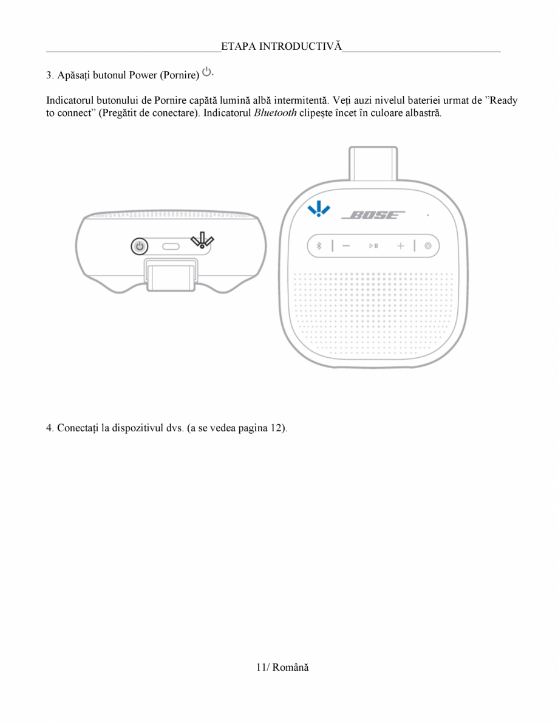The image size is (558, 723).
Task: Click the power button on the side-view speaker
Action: pos(140,246)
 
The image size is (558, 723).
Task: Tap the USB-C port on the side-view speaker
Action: pos(171,247)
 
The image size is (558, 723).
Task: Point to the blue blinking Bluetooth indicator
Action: pos(319,209)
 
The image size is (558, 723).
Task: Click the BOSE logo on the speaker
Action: pos(373,215)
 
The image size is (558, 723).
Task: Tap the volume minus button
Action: pos(345,246)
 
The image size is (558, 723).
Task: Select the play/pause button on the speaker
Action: pos(373,246)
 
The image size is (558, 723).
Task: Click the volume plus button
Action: pos(401,246)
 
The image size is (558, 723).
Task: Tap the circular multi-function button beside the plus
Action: pos(428,246)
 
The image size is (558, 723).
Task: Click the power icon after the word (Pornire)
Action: pos(207,72)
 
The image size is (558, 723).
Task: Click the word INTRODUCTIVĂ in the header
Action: pos(301,47)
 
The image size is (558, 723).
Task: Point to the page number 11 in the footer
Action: pos(261,667)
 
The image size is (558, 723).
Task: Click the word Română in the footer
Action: pos(290,667)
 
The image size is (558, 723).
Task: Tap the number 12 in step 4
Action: pos(277,428)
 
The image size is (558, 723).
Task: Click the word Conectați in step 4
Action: pos(78,428)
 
